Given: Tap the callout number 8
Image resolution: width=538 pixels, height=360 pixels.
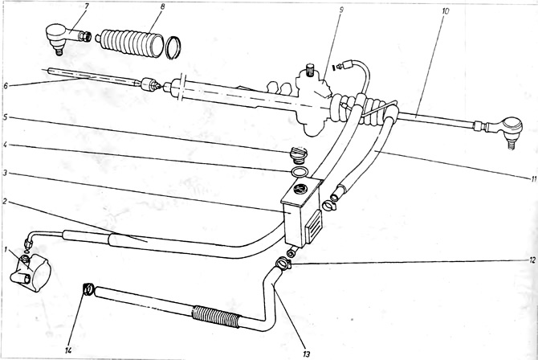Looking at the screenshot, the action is coord(163,6).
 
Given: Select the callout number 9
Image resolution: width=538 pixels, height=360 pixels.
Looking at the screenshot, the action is coord(341,10).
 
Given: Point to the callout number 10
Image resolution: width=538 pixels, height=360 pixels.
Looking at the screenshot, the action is coord(445,11).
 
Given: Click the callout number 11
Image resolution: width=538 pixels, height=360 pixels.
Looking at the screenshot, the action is coord(533,178).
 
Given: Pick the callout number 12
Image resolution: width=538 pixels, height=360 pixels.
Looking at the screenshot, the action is coord(532,260).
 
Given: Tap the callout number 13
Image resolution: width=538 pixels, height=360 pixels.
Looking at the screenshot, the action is coord(307,353).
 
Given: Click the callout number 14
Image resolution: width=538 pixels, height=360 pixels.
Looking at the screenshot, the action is coord(68,350).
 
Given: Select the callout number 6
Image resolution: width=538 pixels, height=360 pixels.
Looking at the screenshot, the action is coord(5,86).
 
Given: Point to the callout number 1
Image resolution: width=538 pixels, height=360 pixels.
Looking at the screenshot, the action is coord(5,248).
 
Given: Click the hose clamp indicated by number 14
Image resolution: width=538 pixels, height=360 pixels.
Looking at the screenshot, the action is coord(88,289).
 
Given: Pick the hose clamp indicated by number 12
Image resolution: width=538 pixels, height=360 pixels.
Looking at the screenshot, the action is coord(283,264).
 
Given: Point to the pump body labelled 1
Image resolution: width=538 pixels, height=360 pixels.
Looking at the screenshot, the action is coord(31,272).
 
